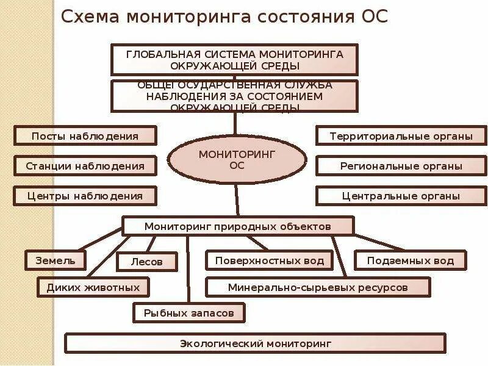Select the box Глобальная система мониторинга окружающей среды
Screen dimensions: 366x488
coord(234,59)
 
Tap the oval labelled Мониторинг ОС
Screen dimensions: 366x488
coord(237,159)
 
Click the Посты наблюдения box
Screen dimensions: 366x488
coord(85,135)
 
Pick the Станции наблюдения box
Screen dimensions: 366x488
coord(85,165)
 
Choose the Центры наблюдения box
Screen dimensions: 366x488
coord(85,196)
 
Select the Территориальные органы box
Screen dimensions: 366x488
coord(401,135)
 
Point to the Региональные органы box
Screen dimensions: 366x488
coord(401,165)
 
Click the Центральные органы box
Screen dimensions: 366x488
coord(401,196)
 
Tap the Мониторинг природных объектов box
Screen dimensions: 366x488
coord(237,226)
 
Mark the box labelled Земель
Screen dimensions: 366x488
coord(54,260)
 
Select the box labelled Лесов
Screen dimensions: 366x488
coord(147,262)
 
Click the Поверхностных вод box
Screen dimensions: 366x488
coord(269,260)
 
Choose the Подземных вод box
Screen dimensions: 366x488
coord(410,260)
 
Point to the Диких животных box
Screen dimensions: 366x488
coord(93,287)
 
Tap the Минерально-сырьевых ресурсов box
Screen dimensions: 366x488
coord(317,287)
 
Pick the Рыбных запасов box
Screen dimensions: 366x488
coord(189,313)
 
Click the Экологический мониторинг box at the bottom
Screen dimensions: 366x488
coord(255,343)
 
